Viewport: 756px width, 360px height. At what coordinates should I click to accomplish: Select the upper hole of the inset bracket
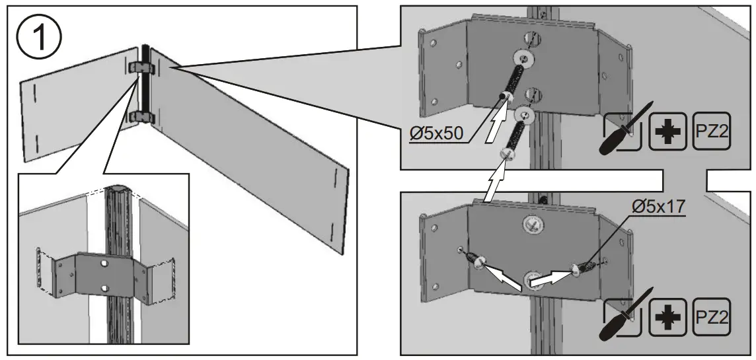coord(104,263)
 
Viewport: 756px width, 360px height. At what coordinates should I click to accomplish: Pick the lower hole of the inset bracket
coord(104,287)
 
